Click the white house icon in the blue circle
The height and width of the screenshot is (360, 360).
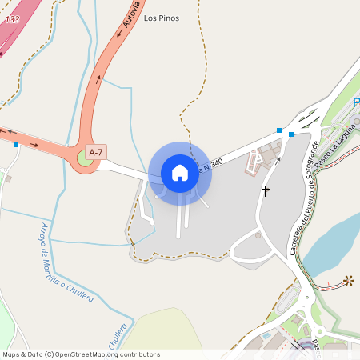click(x=180, y=172)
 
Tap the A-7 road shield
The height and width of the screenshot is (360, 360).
click(x=96, y=151)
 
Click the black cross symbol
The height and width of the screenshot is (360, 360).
click(x=265, y=191)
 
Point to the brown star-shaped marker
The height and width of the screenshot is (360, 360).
click(x=348, y=281)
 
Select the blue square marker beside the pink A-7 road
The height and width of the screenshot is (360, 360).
click(x=16, y=144)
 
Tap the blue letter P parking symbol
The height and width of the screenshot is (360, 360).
click(x=356, y=102)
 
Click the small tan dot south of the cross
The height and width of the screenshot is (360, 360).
click(x=258, y=235)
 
